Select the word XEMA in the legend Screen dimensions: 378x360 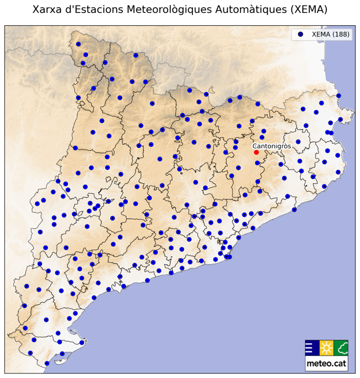point(321,34)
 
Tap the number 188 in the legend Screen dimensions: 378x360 point(342,34)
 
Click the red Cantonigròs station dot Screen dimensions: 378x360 point(256,152)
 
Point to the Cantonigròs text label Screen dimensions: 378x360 point(272,146)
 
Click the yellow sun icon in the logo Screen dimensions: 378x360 point(326,348)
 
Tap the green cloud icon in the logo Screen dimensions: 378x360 point(342,348)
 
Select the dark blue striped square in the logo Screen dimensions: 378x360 point(311,348)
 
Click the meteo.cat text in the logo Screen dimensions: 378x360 point(326,363)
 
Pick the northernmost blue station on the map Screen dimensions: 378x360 point(78,44)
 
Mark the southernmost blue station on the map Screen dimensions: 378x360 point(47,363)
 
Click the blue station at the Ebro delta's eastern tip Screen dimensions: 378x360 point(82,342)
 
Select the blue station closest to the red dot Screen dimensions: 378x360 point(257,163)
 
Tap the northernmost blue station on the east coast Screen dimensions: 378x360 point(339,96)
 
